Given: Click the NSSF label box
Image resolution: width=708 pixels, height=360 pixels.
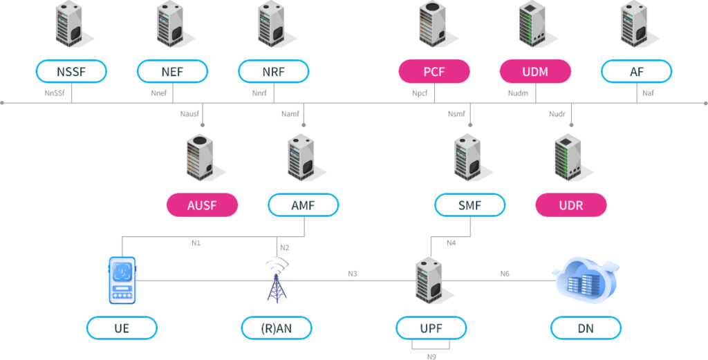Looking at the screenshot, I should click(x=71, y=71).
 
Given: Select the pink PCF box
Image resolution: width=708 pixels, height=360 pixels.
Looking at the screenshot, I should click(x=434, y=71).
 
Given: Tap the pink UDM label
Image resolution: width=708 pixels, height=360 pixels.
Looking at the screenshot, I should click(x=535, y=71).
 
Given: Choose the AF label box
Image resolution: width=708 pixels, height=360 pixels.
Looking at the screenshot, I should click(x=636, y=71).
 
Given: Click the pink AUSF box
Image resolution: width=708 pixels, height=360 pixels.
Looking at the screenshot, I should click(x=202, y=205).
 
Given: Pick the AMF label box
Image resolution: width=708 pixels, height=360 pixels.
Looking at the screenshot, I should click(x=303, y=205).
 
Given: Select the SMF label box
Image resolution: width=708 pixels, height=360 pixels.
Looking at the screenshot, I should click(x=469, y=205).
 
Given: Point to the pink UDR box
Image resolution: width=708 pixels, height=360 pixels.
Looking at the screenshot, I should click(x=571, y=205).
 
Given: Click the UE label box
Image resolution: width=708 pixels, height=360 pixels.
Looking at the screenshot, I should click(x=122, y=328).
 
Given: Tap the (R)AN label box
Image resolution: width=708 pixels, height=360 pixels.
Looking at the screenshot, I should click(x=277, y=328).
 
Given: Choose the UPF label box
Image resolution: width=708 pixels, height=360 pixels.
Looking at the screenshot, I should click(x=431, y=328).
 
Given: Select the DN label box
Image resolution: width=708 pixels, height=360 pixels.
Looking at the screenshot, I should click(x=586, y=328).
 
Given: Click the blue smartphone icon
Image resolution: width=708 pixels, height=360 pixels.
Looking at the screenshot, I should click(x=122, y=280).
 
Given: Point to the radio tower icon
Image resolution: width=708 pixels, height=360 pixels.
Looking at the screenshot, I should click(x=277, y=280).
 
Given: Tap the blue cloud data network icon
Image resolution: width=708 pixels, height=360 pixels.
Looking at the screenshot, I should click(x=586, y=280).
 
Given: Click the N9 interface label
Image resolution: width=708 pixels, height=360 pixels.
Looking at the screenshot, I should click(x=431, y=357).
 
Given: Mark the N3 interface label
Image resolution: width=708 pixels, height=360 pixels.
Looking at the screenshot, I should click(x=353, y=274).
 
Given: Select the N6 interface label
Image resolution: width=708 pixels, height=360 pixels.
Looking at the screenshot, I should click(x=505, y=274).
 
